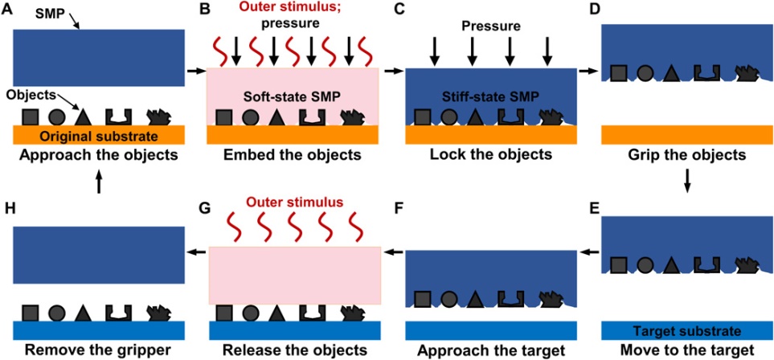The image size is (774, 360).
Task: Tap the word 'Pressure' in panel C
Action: [x=489, y=26]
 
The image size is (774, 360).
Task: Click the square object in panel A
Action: [x=27, y=116]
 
